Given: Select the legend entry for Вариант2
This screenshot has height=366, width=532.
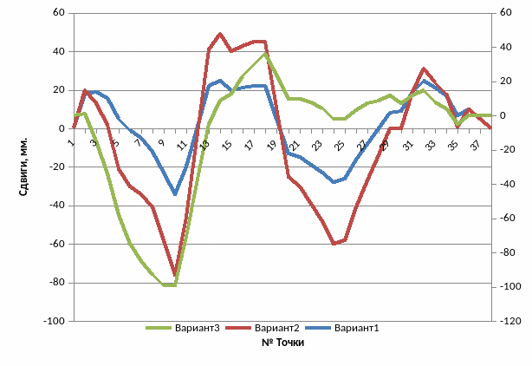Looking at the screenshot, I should tap(276, 329).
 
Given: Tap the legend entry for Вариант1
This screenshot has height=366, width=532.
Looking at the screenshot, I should tap(357, 329).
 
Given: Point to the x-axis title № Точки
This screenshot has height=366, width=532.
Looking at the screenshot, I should tap(282, 343).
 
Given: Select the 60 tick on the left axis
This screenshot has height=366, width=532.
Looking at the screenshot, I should tap(59, 13).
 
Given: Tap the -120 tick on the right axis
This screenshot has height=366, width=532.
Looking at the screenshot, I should tap(511, 321).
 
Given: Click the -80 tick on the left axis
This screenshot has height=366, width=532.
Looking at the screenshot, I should tap(56, 283).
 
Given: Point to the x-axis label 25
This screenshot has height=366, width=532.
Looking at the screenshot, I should tap(340, 144).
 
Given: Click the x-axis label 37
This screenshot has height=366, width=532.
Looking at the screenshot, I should tap(475, 144).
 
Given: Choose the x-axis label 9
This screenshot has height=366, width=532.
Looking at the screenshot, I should tap(162, 143).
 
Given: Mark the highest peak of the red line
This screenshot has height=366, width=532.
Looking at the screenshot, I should tap(220, 34).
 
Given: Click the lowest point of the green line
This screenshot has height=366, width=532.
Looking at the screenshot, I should tap(170, 284).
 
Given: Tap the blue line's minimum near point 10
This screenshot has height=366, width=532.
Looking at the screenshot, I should tap(175, 193).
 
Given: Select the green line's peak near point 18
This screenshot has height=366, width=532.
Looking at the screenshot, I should tap(265, 53).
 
